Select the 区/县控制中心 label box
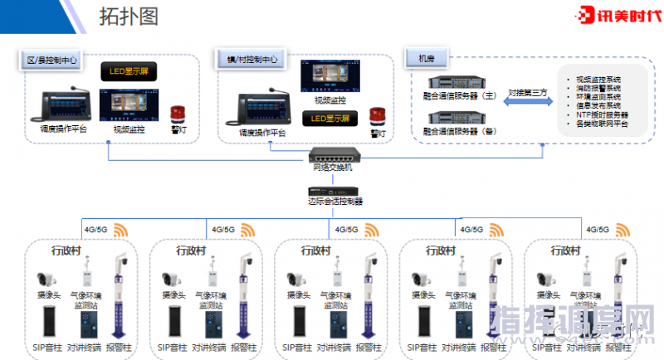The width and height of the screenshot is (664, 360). point(52,60)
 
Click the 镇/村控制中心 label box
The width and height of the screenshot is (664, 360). point(252,60)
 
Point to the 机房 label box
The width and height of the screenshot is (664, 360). point(427,59)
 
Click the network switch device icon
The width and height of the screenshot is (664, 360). point(331,155)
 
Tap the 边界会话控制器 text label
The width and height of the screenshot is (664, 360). point(334,201)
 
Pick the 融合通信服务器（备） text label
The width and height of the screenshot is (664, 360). point(459,131)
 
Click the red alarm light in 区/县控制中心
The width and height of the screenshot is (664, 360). point(177,114)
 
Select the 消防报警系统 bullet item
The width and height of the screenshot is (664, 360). point(597,87)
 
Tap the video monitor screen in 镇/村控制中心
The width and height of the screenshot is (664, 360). point(330,76)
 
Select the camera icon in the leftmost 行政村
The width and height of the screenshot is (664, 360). point(47,279)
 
